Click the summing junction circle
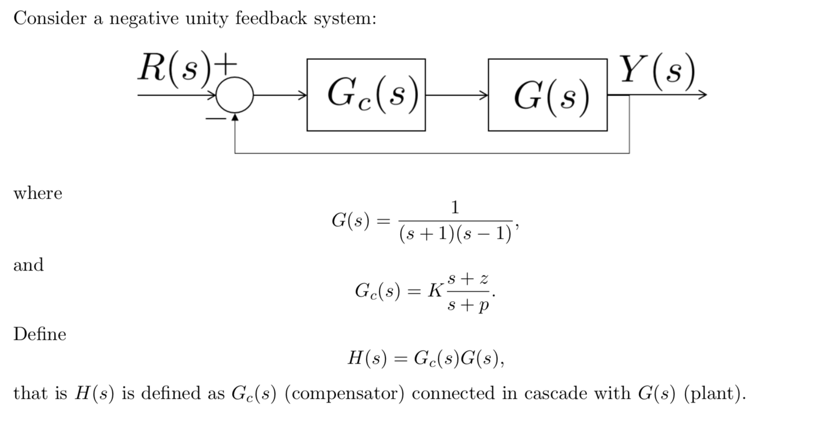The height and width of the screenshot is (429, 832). click(235, 95)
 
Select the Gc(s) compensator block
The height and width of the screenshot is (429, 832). click(366, 95)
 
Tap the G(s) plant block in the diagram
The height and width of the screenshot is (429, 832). click(547, 95)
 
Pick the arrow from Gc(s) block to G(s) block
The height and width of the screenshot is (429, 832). click(456, 95)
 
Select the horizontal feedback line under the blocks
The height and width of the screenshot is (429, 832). click(431, 153)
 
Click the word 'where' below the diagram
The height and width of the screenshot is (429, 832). click(38, 193)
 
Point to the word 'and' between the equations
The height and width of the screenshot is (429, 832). click(28, 265)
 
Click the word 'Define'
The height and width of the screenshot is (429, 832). click(40, 334)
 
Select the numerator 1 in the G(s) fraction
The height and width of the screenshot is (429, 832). click(455, 207)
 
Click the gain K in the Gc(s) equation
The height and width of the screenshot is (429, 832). click(435, 291)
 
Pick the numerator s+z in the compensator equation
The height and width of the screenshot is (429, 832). click(468, 278)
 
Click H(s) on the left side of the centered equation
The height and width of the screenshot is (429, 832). click(367, 358)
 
